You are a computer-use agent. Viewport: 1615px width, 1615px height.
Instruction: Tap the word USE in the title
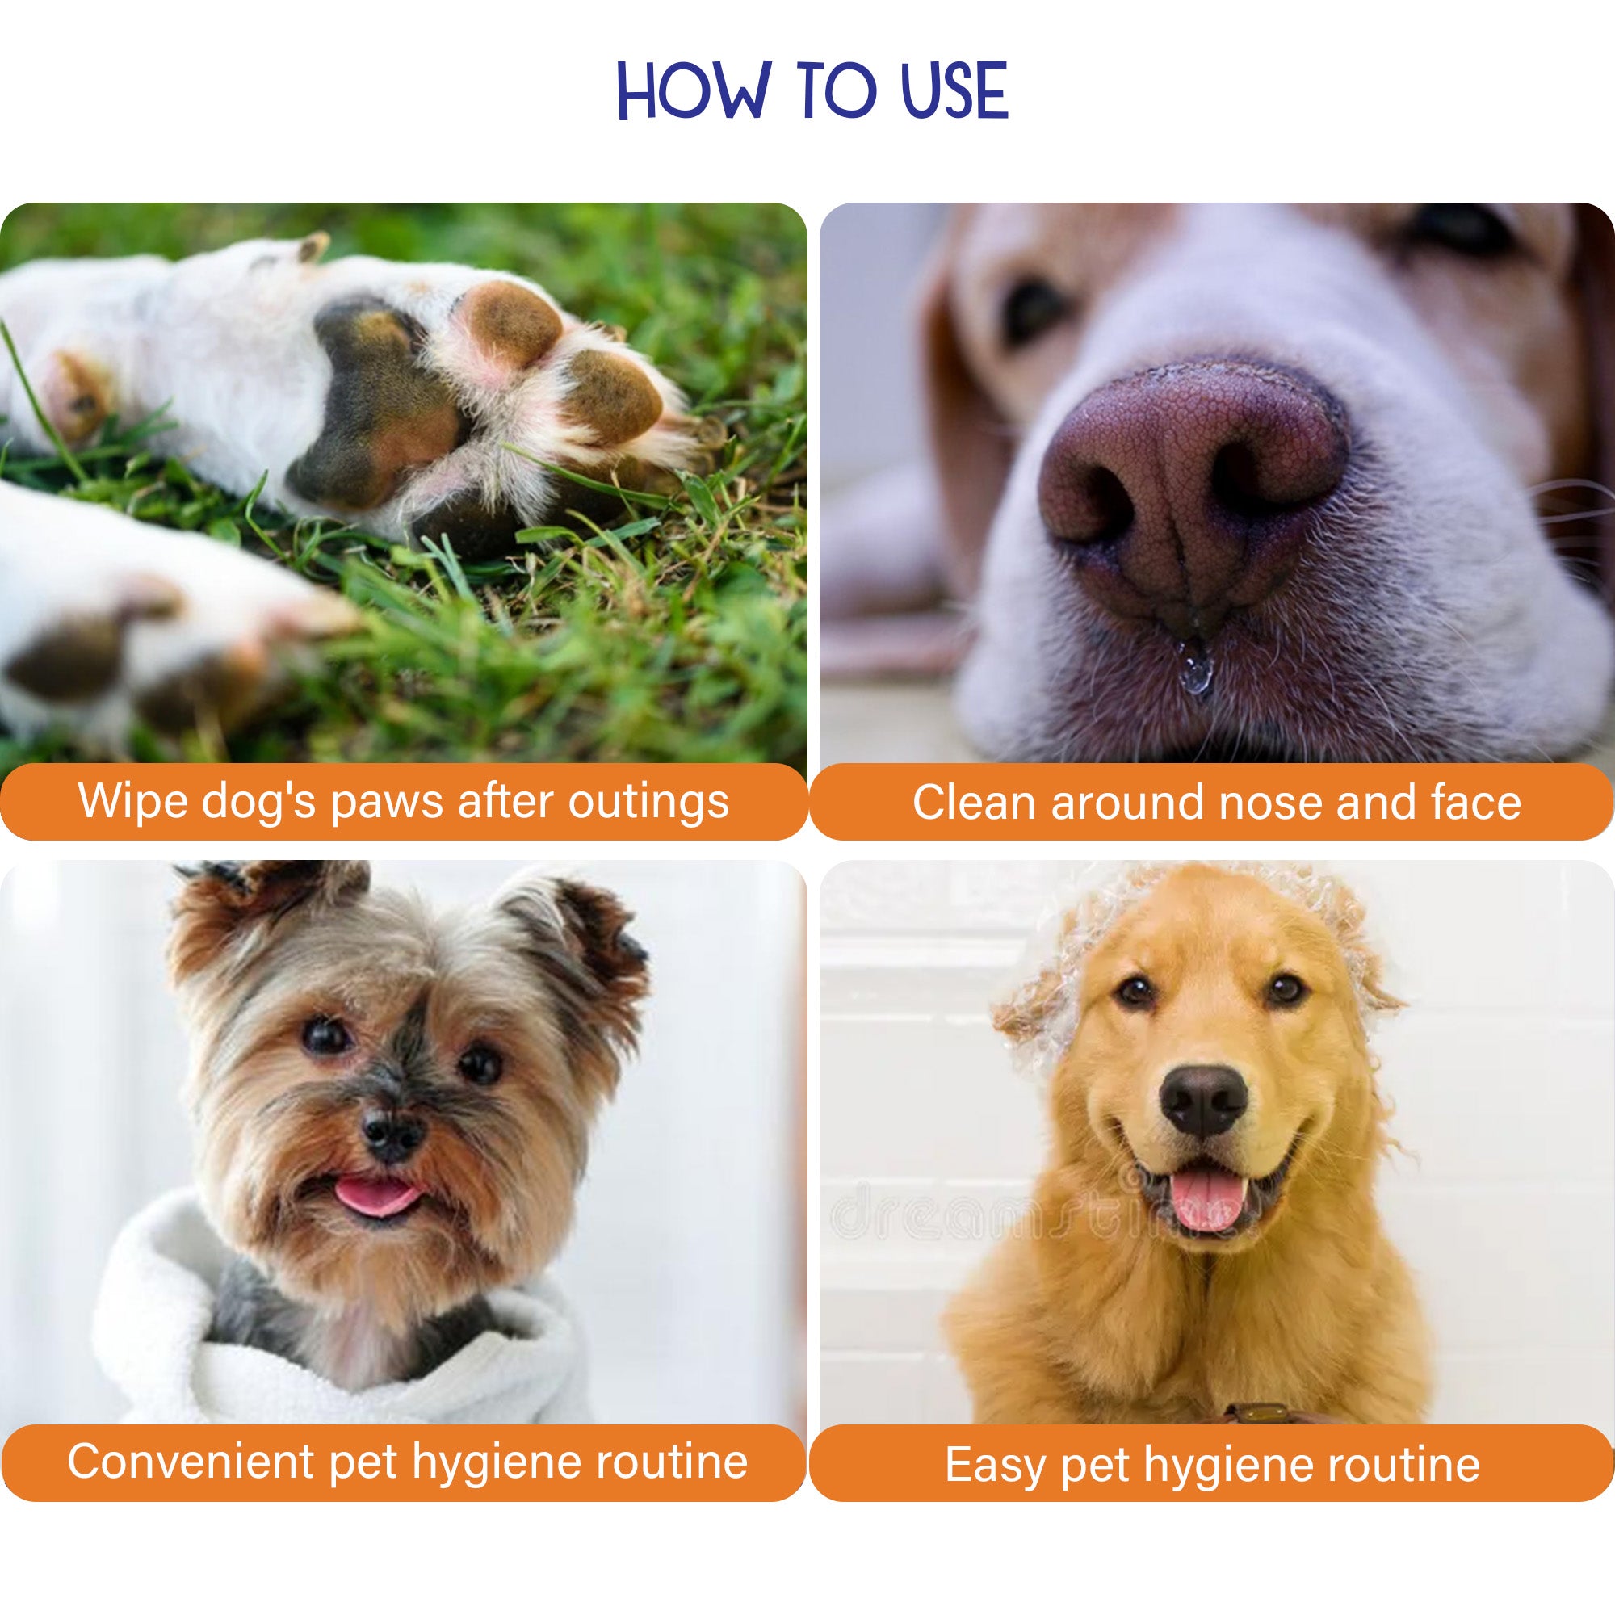pos(954,90)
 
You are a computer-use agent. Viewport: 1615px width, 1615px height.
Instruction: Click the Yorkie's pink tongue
pos(378,1197)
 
